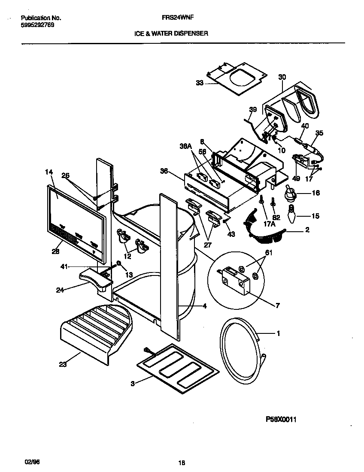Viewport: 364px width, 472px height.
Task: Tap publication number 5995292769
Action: [37, 25]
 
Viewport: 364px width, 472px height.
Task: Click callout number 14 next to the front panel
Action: [49, 172]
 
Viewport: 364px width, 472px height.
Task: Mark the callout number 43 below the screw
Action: [231, 234]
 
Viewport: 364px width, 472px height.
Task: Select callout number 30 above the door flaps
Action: [282, 77]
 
